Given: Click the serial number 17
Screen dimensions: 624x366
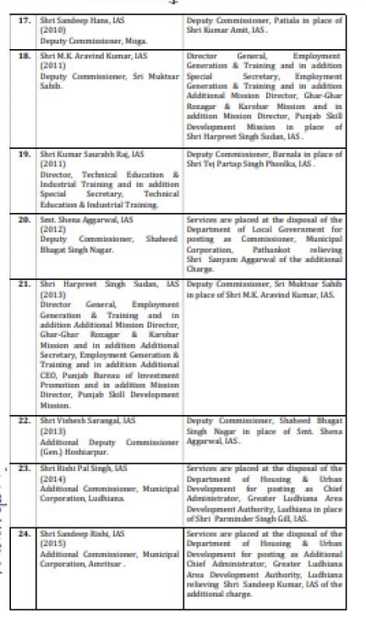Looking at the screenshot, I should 24,18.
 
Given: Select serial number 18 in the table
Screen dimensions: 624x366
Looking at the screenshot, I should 24,57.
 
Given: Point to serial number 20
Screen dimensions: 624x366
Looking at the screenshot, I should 24,221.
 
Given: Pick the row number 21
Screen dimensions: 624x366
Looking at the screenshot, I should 24,286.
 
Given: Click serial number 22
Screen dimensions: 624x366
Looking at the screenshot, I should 24,420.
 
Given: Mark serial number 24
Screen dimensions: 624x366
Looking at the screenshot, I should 24,533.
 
